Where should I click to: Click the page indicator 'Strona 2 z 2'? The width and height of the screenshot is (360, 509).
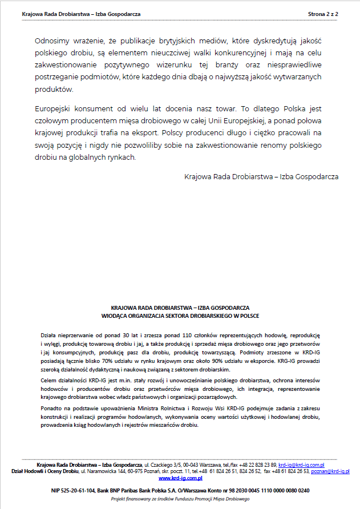[323, 13]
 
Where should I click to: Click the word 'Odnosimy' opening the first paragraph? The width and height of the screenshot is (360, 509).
[52, 41]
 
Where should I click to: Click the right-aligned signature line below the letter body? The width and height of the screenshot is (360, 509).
[261, 177]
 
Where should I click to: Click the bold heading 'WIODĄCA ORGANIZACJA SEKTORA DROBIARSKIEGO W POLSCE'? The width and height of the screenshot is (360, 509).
[180, 315]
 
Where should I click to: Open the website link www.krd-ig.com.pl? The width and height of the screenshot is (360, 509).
[180, 478]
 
